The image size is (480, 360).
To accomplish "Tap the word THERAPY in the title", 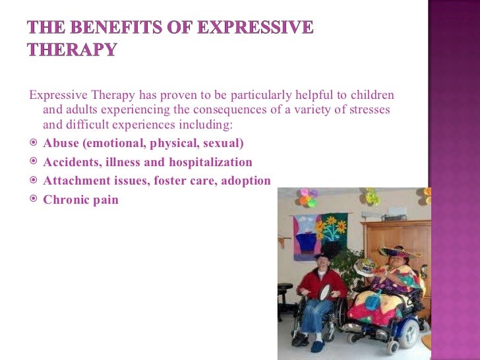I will click(x=72, y=50).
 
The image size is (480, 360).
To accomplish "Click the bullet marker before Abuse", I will click(x=34, y=143).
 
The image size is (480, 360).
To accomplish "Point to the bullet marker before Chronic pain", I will click(x=34, y=198).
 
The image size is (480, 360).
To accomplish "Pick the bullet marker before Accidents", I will click(x=34, y=162).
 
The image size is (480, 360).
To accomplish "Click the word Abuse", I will click(x=61, y=143).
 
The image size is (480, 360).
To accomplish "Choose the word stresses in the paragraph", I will click(x=367, y=109).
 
